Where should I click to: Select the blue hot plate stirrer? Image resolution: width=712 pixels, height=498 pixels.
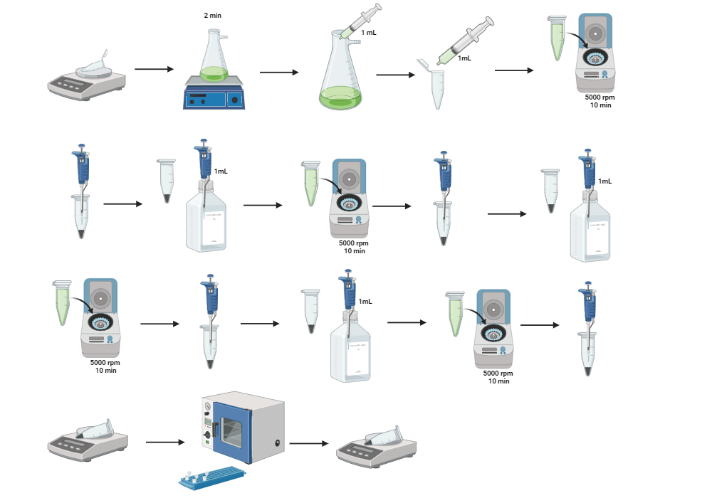click(214, 96)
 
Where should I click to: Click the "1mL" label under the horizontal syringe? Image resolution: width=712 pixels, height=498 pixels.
click(464, 58)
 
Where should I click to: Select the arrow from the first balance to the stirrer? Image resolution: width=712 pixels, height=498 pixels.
click(154, 69)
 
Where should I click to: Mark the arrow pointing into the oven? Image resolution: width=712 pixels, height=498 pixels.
click(164, 442)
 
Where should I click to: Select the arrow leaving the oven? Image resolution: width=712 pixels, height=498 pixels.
click(309, 443)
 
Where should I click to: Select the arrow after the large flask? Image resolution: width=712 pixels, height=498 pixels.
click(396, 73)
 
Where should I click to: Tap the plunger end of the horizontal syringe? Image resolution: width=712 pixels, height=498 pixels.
click(491, 23)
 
